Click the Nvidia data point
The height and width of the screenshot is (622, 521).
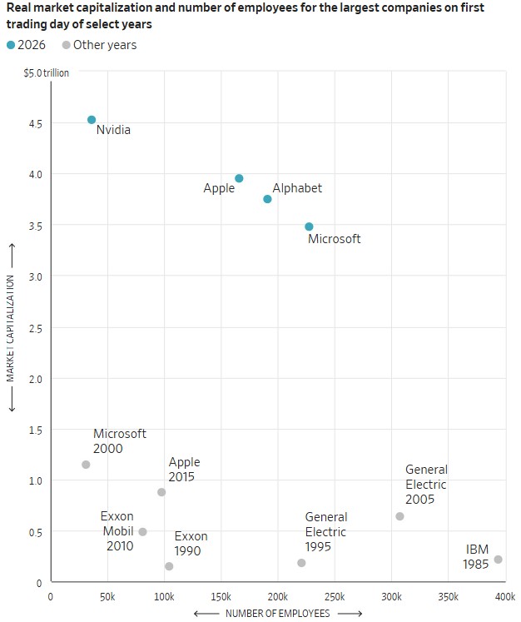(x=92, y=120)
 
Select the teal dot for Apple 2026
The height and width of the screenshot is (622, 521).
(x=239, y=178)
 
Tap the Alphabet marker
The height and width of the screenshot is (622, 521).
(x=267, y=199)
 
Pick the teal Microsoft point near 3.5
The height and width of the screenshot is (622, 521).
(x=309, y=226)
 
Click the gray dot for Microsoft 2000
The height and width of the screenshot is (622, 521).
(x=86, y=465)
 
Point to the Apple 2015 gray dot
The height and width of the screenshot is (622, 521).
(x=161, y=492)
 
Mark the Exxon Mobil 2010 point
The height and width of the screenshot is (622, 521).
(x=142, y=532)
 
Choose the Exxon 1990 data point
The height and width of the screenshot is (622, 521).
(x=169, y=566)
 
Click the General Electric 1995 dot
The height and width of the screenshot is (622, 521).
(x=301, y=563)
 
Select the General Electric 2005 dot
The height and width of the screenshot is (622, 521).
(x=399, y=516)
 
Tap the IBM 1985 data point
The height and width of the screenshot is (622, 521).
(x=498, y=560)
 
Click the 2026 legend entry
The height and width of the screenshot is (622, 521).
(x=26, y=45)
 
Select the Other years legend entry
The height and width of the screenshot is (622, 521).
(x=98, y=45)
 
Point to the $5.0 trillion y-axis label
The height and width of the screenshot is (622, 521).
(x=47, y=73)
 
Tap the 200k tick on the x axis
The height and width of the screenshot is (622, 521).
(x=278, y=597)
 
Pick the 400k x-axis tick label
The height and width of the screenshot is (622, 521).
(x=504, y=597)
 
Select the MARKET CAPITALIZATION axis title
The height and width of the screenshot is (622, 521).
(x=11, y=327)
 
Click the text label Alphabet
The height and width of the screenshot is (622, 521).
(x=297, y=188)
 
